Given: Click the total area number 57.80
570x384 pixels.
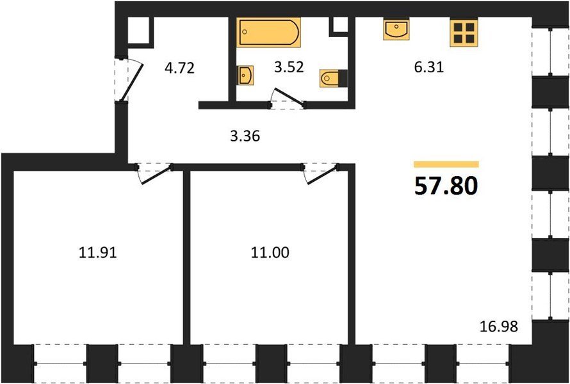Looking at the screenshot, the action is pos(446,186).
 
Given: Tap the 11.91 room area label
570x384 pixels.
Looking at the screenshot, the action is pos(98,253).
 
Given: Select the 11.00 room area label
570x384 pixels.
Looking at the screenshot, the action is pos(270,253).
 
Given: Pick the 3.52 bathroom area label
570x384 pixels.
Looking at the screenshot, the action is pos(289,67).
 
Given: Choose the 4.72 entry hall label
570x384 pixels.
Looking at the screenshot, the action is pos(179,68).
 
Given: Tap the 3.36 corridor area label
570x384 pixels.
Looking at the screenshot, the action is pos(245,136).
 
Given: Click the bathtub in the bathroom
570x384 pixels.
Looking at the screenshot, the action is pos(268,33).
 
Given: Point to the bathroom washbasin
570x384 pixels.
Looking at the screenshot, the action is pos(245,76).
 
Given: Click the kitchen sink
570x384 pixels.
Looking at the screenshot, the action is pos(396,29).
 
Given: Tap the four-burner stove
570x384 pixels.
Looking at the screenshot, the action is pos(464,33).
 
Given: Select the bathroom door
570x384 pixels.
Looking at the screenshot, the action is pos(289,97).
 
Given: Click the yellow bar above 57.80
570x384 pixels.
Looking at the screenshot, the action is pos(446,164).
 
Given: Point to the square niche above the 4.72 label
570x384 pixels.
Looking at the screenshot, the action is pos(140,30).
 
